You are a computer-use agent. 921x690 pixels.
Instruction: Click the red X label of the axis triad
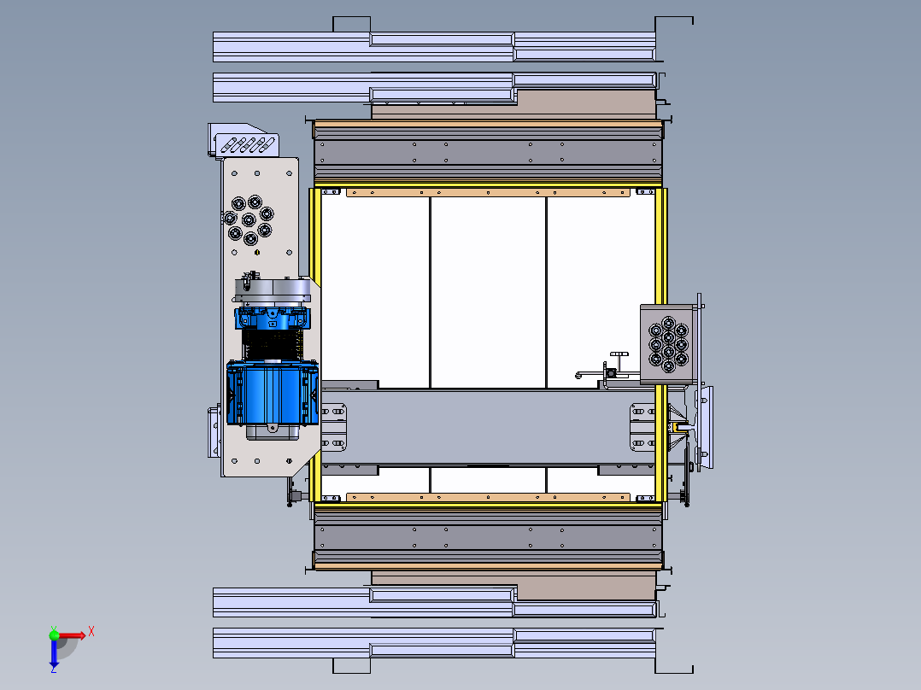(x=91, y=632)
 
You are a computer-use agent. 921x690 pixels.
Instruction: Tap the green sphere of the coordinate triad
(x=54, y=634)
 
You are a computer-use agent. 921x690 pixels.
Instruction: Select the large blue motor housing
(x=273, y=392)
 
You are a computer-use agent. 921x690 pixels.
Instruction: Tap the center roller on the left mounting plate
(x=249, y=219)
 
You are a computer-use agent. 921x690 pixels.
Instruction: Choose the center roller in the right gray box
(x=668, y=337)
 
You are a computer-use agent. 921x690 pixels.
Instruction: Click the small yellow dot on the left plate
(x=256, y=253)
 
